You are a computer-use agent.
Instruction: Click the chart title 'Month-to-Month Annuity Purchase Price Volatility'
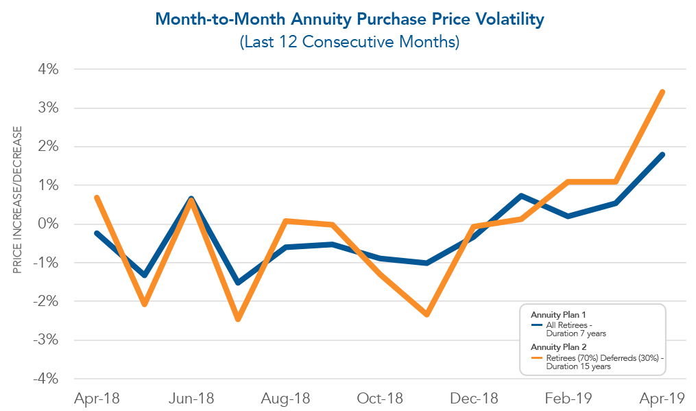coord(349,19)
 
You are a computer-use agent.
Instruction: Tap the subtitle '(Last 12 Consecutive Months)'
coord(349,42)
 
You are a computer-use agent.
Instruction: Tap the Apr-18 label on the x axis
coord(96,398)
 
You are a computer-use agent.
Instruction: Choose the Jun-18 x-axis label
coord(191,398)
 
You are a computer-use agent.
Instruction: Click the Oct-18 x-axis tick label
coord(379,398)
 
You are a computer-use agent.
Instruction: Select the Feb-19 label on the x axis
coord(568,398)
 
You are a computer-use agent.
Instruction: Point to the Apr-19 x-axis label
coord(662,398)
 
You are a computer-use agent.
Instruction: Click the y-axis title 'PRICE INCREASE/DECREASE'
coord(19,199)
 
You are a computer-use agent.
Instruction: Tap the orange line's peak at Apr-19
coord(662,92)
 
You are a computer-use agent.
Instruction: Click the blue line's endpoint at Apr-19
coord(662,154)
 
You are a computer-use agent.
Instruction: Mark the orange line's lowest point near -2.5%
coord(238,319)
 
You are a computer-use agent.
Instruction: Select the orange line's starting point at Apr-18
coord(97,198)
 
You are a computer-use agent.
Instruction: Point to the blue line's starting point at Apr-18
coord(97,233)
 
